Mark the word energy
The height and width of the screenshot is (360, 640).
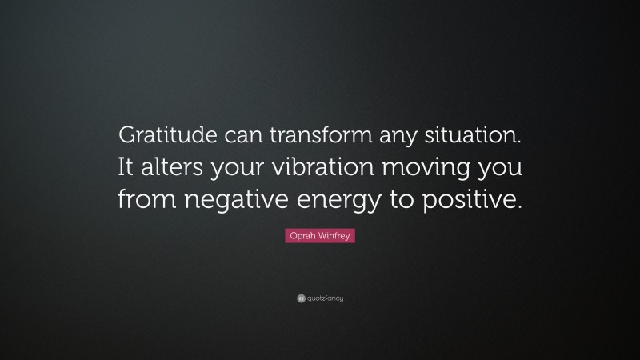(x=333, y=202)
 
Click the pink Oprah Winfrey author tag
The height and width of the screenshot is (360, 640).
(x=319, y=238)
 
